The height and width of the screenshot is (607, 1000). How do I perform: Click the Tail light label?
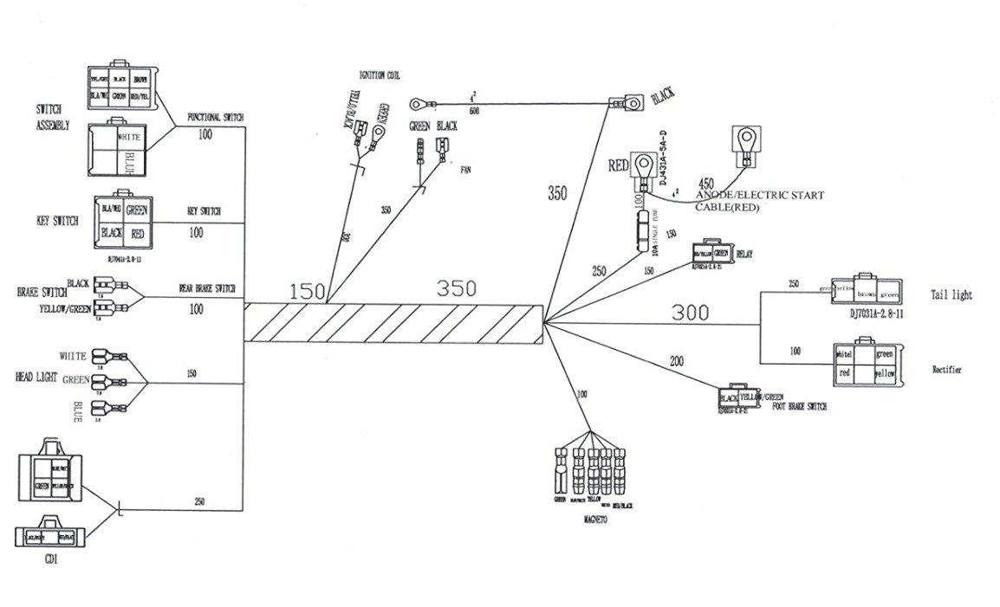tap(951, 295)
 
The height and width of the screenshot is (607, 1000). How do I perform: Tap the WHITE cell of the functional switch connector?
tap(122, 136)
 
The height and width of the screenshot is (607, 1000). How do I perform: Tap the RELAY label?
tap(744, 255)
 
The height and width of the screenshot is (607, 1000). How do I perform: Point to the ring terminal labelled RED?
tap(643, 164)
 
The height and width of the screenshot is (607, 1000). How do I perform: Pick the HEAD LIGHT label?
tap(38, 378)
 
